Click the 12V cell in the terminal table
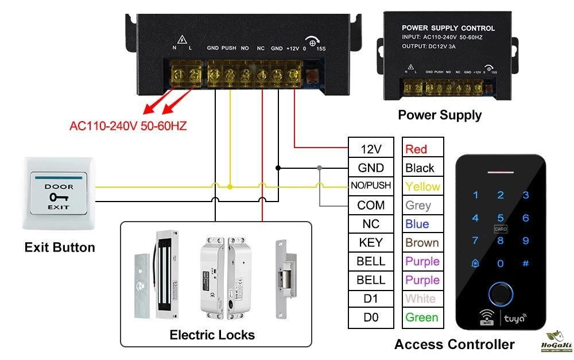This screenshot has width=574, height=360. click(371, 149)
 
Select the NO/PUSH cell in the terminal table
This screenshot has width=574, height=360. click(371, 186)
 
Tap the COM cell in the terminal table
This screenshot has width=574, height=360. click(371, 205)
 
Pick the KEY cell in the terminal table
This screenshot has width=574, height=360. click(371, 242)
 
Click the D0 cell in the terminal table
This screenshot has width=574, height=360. click(371, 317)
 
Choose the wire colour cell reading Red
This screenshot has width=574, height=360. click(423, 149)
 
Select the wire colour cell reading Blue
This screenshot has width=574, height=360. click(423, 224)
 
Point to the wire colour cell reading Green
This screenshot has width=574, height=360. click(423, 317)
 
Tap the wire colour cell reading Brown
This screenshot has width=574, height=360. click(423, 242)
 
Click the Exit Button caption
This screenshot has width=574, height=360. click(60, 248)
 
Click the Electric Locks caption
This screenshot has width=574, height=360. click(212, 335)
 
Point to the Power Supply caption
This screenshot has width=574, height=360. click(440, 115)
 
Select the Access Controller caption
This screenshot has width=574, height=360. click(454, 344)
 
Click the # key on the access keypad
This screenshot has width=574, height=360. click(525, 264)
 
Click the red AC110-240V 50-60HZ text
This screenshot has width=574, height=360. click(129, 126)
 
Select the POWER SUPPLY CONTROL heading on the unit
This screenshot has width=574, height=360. click(448, 28)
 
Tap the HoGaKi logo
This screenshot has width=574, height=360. click(555, 343)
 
